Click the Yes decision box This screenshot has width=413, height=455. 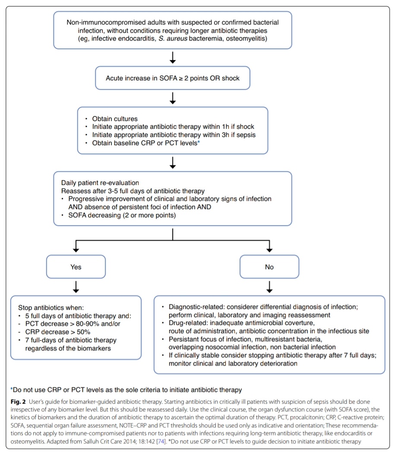pyautogui.click(x=76, y=267)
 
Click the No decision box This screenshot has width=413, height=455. pyautogui.click(x=269, y=267)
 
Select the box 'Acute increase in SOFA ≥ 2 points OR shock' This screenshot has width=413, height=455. pyautogui.click(x=172, y=78)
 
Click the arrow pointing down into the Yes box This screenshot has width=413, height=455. pyautogui.click(x=76, y=247)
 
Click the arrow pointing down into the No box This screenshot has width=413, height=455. pyautogui.click(x=269, y=247)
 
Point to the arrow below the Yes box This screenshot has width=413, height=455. pyautogui.click(x=76, y=286)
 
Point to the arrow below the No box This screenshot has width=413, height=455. pyautogui.click(x=269, y=286)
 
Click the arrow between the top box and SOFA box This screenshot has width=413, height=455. pyautogui.click(x=172, y=57)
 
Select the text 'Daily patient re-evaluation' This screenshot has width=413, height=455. pyautogui.click(x=100, y=183)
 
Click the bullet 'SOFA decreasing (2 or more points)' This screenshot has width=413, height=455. pyautogui.click(x=122, y=215)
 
